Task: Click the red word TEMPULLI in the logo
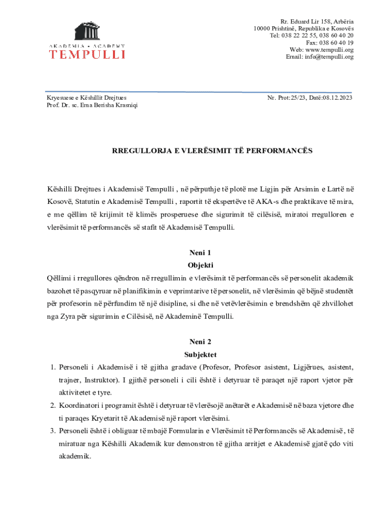pyautogui.click(x=87, y=53)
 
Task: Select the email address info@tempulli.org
pyautogui.click(x=330, y=57)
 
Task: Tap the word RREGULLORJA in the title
pyautogui.click(x=135, y=151)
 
